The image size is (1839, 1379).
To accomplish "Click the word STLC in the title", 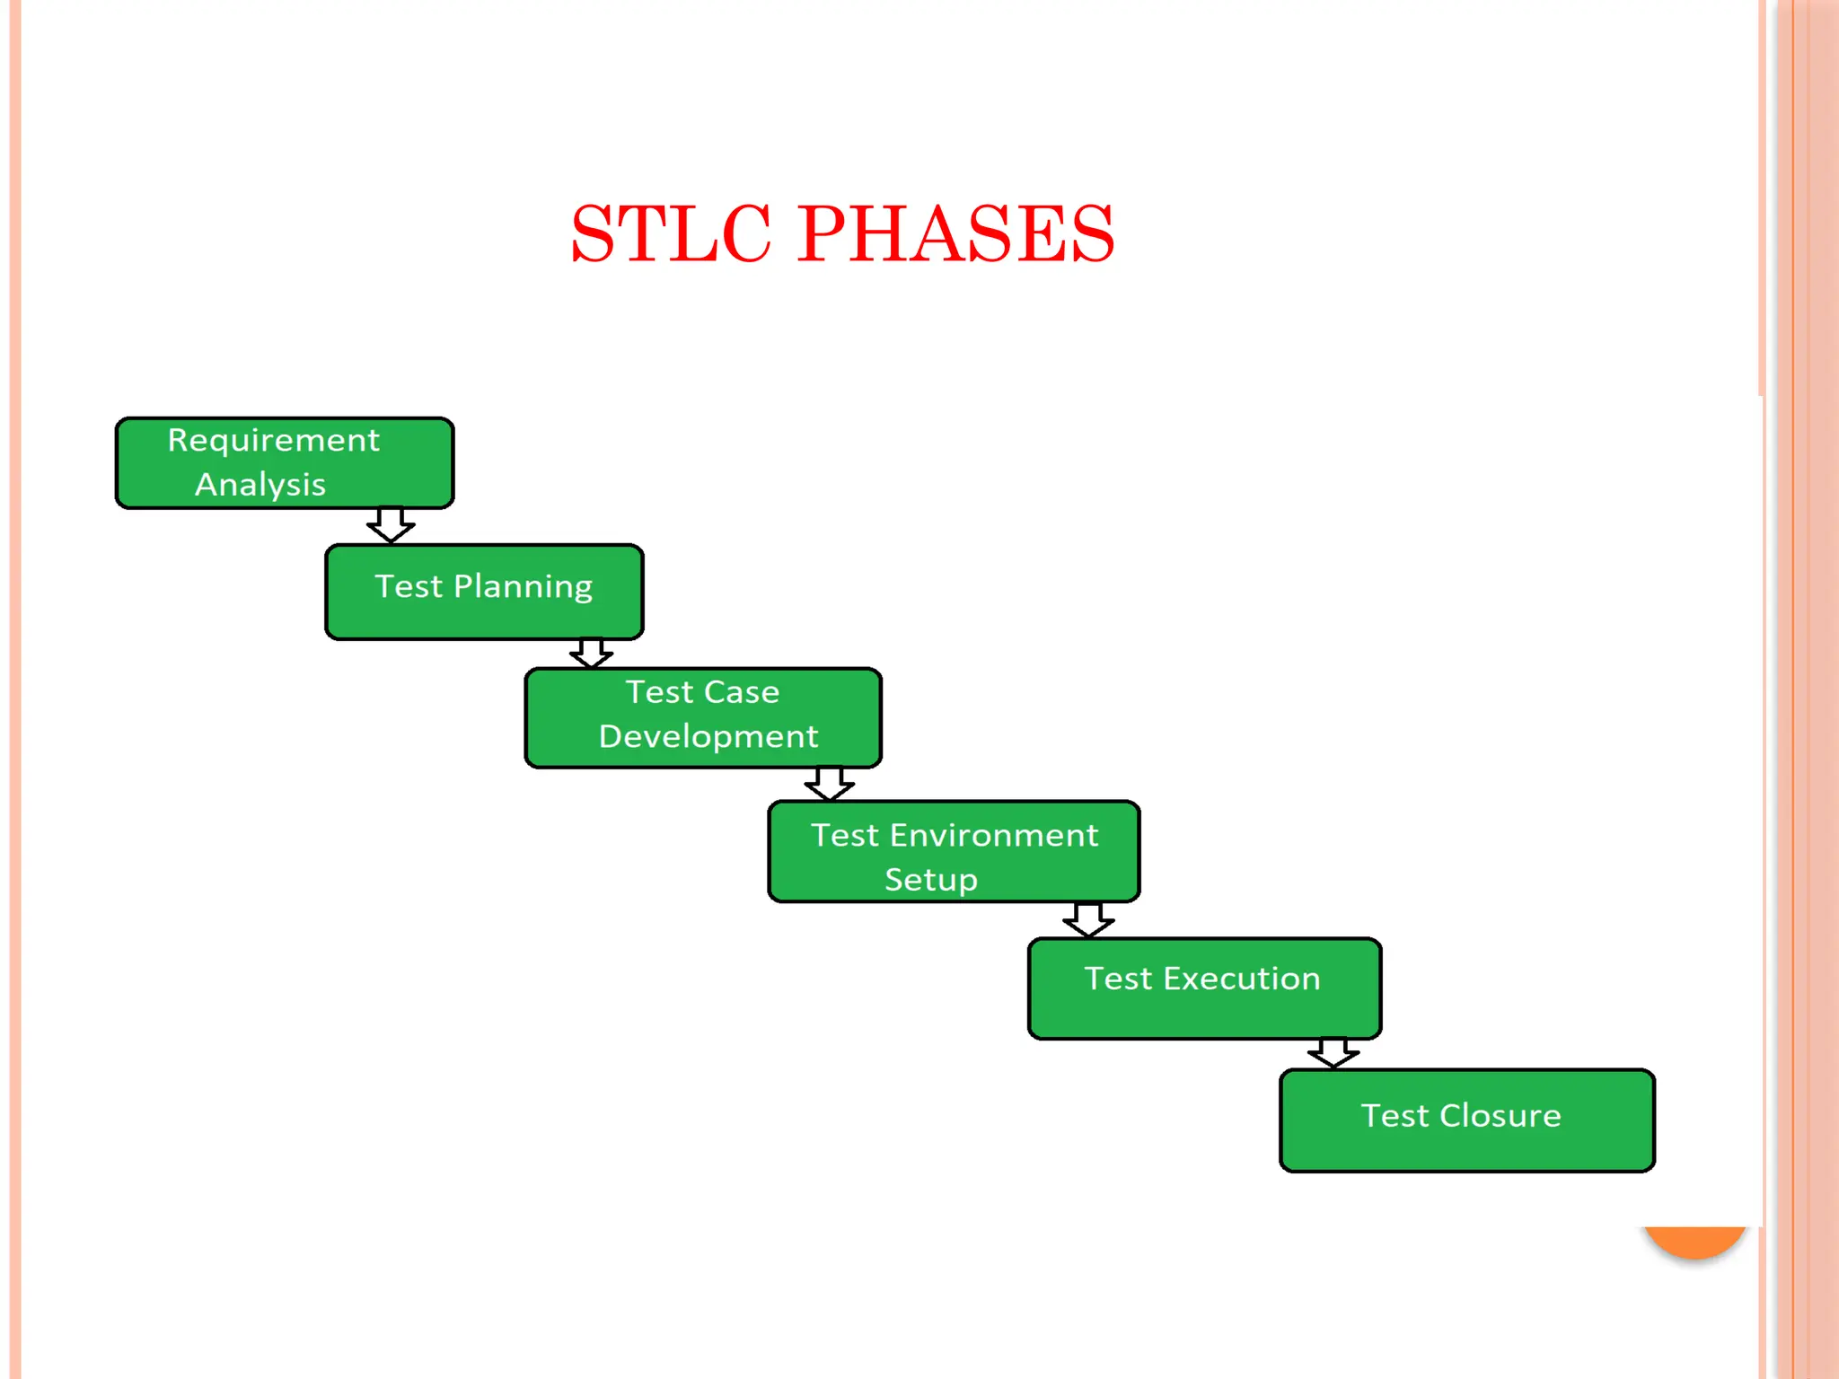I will click(x=671, y=234).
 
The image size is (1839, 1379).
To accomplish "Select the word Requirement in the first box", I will click(x=274, y=441).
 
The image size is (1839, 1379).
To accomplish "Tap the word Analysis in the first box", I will click(x=260, y=485).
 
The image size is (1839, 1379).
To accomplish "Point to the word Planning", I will click(x=523, y=587).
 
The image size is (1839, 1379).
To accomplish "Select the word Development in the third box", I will click(x=708, y=737).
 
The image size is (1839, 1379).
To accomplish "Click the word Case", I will click(x=742, y=692).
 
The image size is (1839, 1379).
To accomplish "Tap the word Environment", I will click(x=993, y=836).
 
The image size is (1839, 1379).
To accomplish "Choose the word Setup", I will click(x=930, y=880).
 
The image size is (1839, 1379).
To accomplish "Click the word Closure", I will click(x=1500, y=1116).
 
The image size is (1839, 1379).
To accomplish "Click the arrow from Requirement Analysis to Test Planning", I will click(x=391, y=525).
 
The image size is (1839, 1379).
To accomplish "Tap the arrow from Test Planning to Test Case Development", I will click(x=592, y=654).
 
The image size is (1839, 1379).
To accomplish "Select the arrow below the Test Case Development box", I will click(x=829, y=784).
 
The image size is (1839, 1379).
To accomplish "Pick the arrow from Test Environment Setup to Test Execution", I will click(x=1088, y=920).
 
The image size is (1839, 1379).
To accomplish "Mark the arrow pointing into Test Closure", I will click(x=1333, y=1053).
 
